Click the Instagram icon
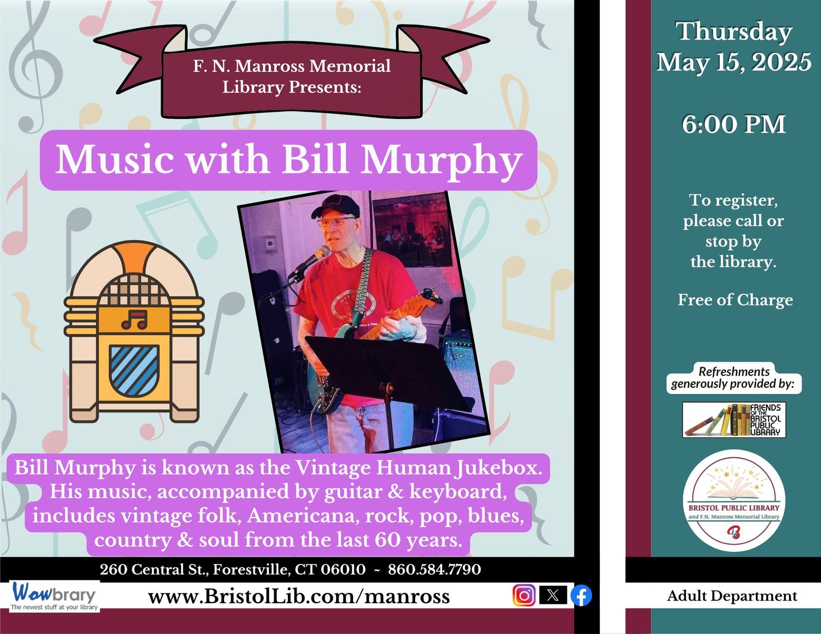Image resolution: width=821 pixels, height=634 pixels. pos(524,596)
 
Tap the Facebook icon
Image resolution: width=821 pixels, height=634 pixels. pos(581,596)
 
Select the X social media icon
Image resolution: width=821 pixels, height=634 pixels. pos(553,595)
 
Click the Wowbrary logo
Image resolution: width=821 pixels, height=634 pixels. pos(54,596)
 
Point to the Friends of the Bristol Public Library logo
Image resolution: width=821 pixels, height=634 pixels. pos(734,420)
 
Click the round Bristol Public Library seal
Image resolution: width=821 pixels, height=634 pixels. pos(734,500)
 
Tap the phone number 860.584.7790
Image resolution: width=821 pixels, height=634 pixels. pos(435,569)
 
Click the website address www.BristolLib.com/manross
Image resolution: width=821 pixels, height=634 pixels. pos(299,597)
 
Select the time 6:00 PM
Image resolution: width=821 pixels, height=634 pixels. pos(734,124)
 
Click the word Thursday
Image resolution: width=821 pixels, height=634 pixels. pos(734,32)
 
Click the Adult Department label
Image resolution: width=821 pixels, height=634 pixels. pos(732,596)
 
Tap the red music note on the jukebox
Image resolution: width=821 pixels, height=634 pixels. pos(134,320)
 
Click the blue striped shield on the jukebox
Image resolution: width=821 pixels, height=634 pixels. pos(134,370)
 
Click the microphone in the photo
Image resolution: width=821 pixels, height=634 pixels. pos(310,261)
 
